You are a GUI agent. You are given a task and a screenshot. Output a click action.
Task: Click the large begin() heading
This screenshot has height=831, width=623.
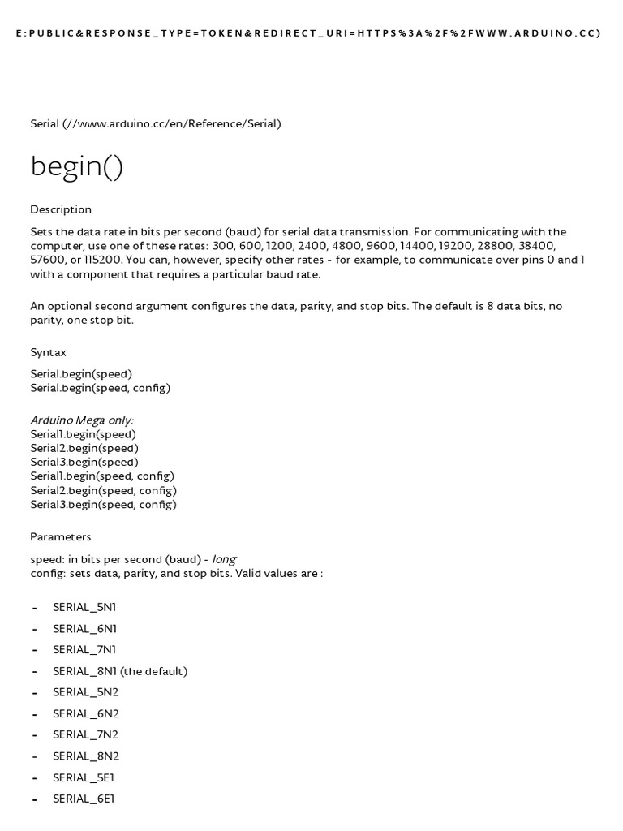pos(77,167)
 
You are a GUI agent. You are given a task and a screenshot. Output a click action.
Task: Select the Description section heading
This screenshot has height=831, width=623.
pos(61,209)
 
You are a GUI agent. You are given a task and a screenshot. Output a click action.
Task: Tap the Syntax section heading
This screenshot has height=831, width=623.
pos(48,352)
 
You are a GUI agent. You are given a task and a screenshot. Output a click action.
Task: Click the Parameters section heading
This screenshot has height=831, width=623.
pos(61,536)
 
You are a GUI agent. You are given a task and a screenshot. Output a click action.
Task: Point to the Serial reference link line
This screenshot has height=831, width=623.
pos(156,123)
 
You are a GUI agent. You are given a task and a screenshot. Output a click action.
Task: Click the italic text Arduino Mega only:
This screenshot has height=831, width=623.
pos(82,420)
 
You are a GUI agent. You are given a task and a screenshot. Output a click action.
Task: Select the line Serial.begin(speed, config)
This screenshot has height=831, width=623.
pos(101,388)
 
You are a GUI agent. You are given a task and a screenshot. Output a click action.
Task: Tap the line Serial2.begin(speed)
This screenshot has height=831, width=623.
pos(84,448)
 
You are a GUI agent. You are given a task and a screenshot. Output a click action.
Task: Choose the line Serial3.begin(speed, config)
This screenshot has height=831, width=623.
pos(103,504)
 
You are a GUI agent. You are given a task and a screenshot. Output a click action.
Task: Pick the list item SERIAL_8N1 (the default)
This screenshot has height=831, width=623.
pos(120,671)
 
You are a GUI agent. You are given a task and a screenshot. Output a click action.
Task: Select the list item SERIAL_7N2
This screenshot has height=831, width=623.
pos(85,734)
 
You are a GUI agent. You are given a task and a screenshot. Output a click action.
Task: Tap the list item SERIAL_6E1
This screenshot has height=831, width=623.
pos(84,799)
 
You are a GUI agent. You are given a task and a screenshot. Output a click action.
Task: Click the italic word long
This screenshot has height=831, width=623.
pos(224,559)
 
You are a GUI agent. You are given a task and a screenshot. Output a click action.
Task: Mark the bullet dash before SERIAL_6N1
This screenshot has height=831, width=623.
pos(35,629)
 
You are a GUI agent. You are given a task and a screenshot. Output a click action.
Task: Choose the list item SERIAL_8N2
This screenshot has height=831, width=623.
pos(85,756)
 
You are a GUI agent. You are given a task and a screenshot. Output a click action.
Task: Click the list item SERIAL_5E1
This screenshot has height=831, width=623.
pos(84,777)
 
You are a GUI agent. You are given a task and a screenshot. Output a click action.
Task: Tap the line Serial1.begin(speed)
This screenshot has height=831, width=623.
pos(84,434)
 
